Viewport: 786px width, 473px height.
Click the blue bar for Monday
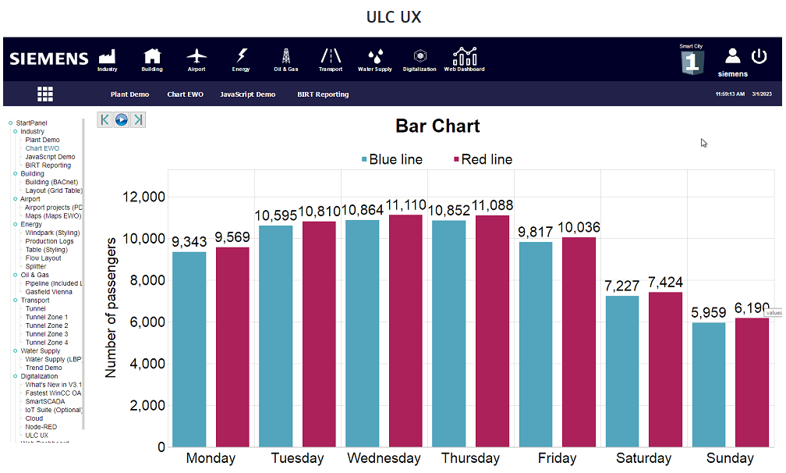[x=189, y=349]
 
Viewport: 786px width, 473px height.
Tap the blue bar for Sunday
[x=709, y=384]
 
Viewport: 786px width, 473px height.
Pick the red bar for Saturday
[x=665, y=369]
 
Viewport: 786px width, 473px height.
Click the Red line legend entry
[x=483, y=159]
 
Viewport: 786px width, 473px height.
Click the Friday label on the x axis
[x=557, y=458]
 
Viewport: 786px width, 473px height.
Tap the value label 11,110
[x=405, y=206]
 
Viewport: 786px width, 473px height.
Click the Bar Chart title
[x=437, y=126]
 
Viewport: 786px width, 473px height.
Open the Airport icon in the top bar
[x=196, y=59]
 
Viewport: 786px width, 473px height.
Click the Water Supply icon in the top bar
[x=375, y=59]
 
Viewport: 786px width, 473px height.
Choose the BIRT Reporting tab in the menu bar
[x=323, y=94]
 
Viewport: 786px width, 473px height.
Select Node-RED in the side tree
[x=41, y=427]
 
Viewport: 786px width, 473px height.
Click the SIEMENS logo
[x=49, y=59]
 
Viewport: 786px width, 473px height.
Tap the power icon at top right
[x=759, y=56]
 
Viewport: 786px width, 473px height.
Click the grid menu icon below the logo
[x=45, y=94]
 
